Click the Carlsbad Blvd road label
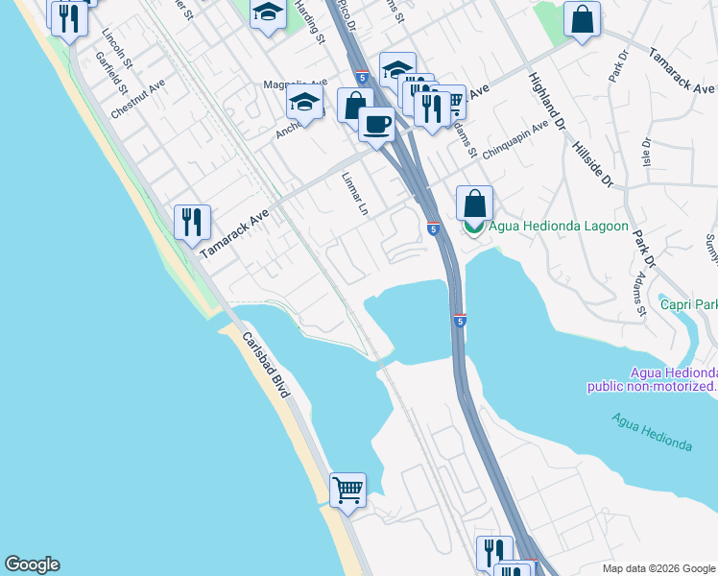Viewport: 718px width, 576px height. pyautogui.click(x=266, y=361)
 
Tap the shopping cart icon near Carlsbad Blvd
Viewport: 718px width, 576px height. pyautogui.click(x=347, y=491)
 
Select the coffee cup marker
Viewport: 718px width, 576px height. pyautogui.click(x=376, y=124)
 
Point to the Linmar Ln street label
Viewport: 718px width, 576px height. pyautogui.click(x=354, y=194)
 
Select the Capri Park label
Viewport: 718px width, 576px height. pyautogui.click(x=688, y=305)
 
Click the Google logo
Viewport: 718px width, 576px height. pyautogui.click(x=32, y=564)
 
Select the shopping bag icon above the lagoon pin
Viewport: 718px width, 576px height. pyautogui.click(x=474, y=203)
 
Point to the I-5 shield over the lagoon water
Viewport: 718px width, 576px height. pyautogui.click(x=460, y=321)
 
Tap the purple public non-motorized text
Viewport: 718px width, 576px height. pyautogui.click(x=652, y=387)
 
